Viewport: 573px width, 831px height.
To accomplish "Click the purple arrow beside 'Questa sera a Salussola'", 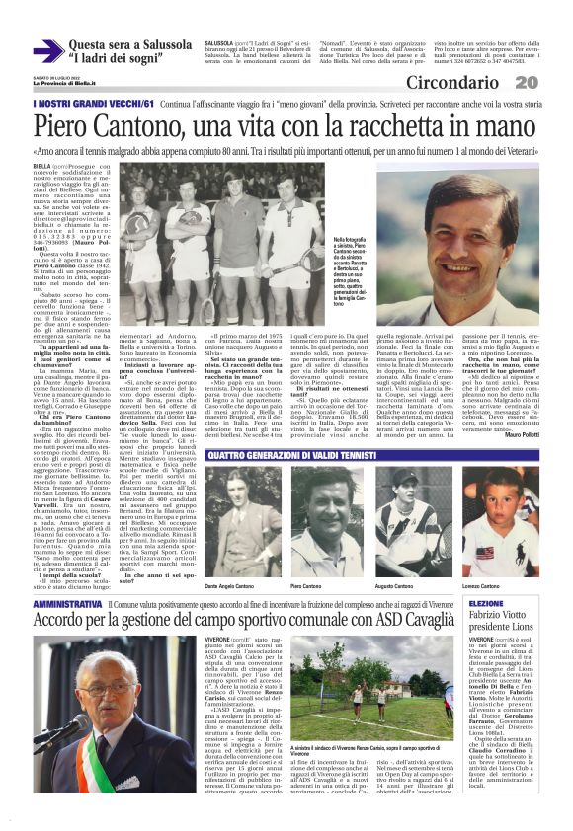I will pos(47,50).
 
